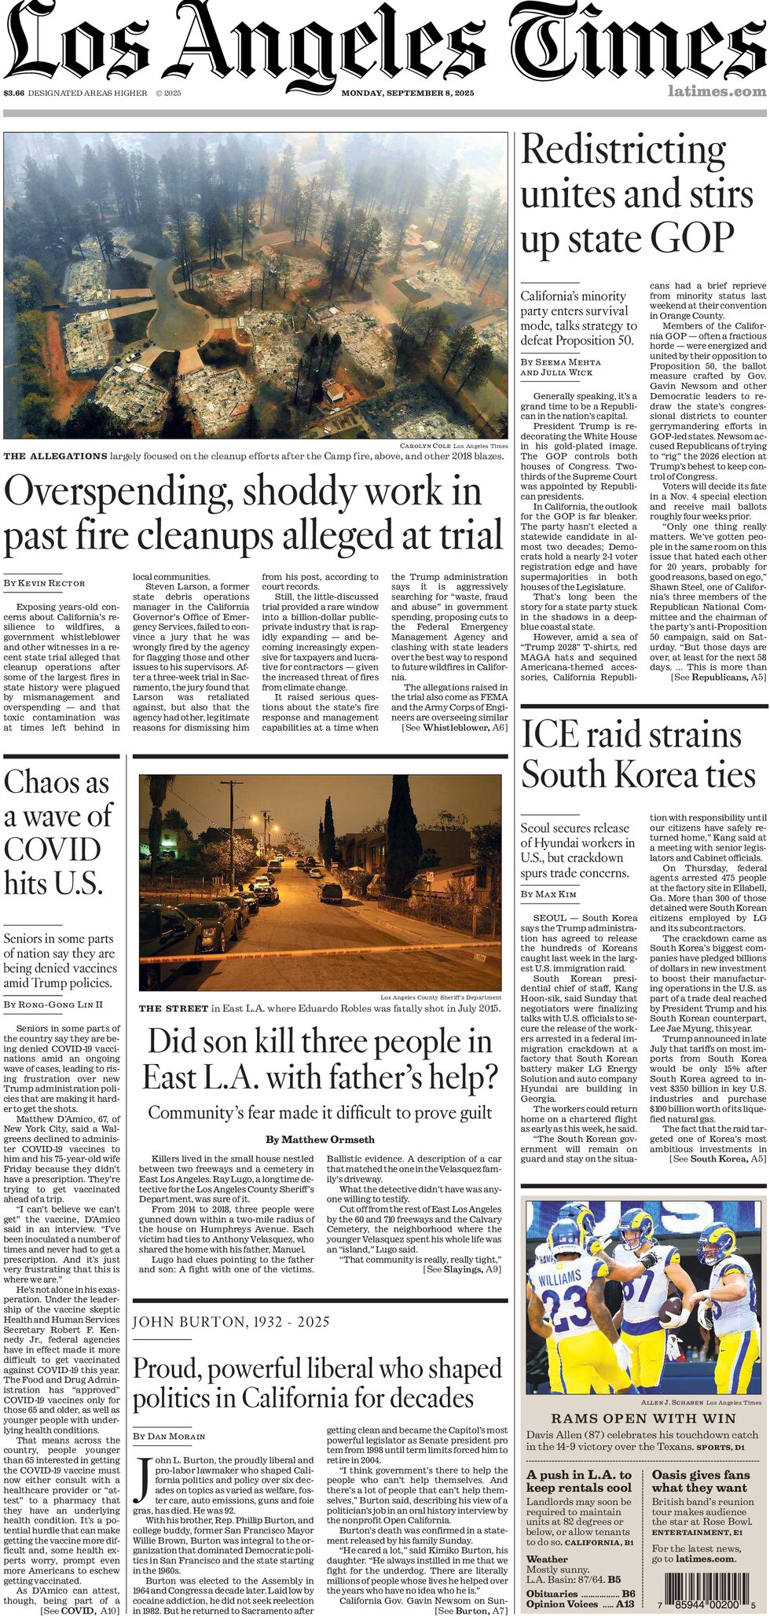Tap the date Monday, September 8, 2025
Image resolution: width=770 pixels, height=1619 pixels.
coord(407,93)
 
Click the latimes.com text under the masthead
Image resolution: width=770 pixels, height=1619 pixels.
coord(716,91)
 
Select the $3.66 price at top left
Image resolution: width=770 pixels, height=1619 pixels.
coord(13,93)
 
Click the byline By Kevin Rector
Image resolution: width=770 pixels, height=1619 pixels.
coord(44,583)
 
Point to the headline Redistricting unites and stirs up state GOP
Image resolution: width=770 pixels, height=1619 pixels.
coord(636,194)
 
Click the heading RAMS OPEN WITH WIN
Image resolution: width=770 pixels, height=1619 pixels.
coord(642,1419)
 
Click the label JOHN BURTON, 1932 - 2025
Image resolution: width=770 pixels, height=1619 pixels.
coord(230,1322)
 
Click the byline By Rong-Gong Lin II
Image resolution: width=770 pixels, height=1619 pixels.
coord(53,1004)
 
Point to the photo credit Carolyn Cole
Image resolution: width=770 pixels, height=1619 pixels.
coord(425,446)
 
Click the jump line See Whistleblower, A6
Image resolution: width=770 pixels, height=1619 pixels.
coord(454,728)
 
